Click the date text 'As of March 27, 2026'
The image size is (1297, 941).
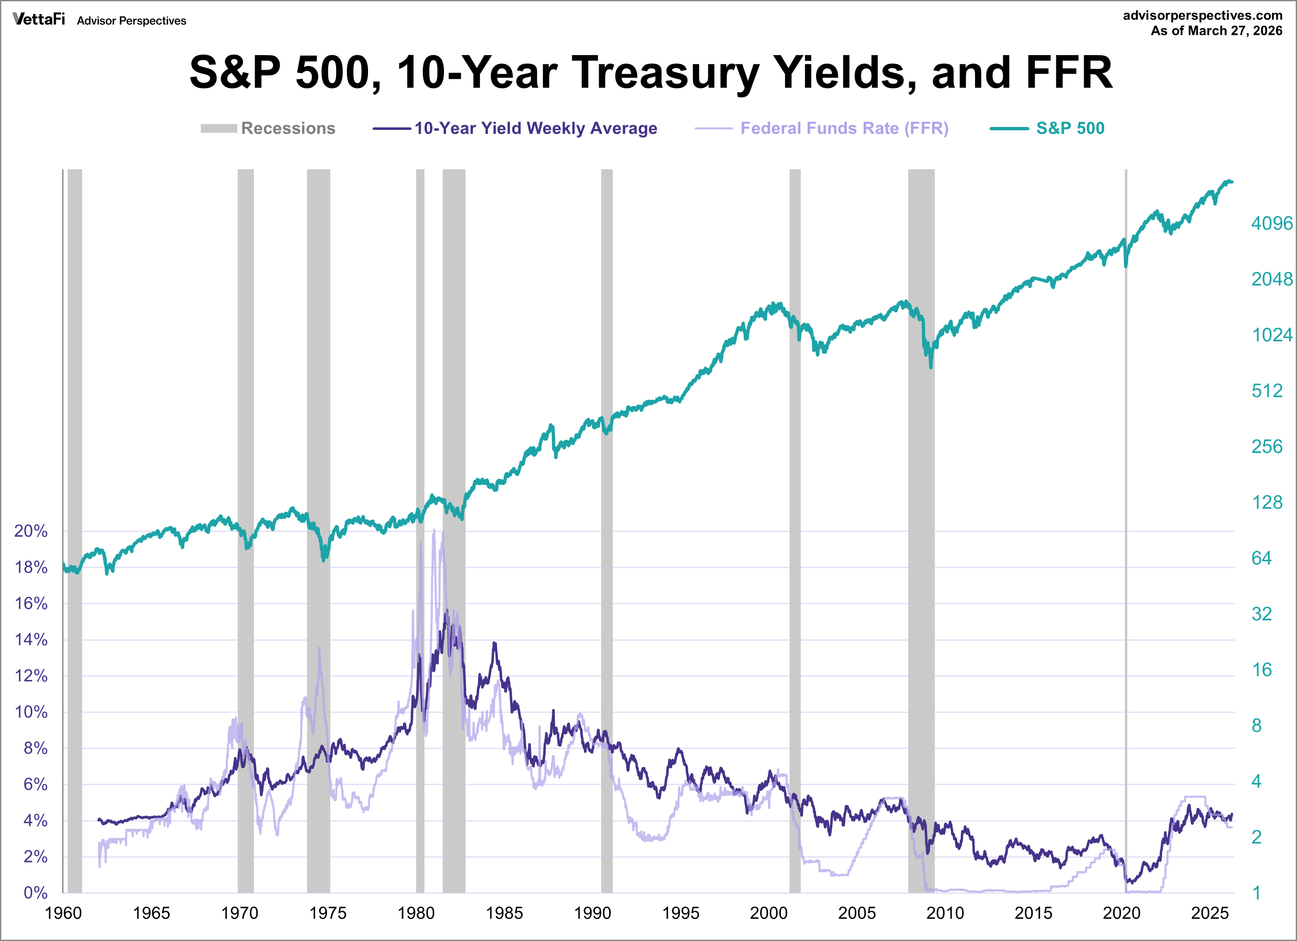pos(1217,31)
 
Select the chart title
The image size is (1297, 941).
pos(651,73)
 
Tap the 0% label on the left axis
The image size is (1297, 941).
pos(35,892)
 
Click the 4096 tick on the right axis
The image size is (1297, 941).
pos(1271,223)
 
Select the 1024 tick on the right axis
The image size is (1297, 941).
pos(1271,335)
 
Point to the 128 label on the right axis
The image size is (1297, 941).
pos(1267,502)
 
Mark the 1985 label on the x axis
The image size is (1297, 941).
pos(505,913)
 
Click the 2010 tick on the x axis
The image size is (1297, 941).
pos(945,913)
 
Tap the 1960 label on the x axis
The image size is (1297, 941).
pos(63,913)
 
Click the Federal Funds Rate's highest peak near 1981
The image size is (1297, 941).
pos(434,530)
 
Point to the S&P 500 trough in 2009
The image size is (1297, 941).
pos(931,366)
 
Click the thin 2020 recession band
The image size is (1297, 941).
pos(1126,515)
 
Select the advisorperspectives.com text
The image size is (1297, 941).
pos(1203,15)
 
